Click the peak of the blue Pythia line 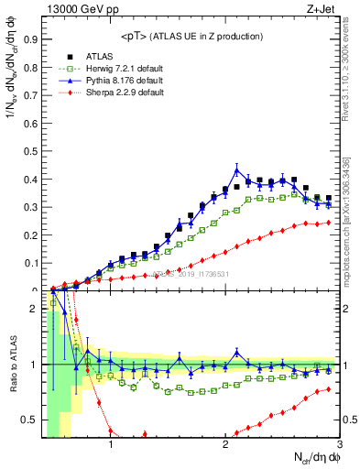tap(237, 169)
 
